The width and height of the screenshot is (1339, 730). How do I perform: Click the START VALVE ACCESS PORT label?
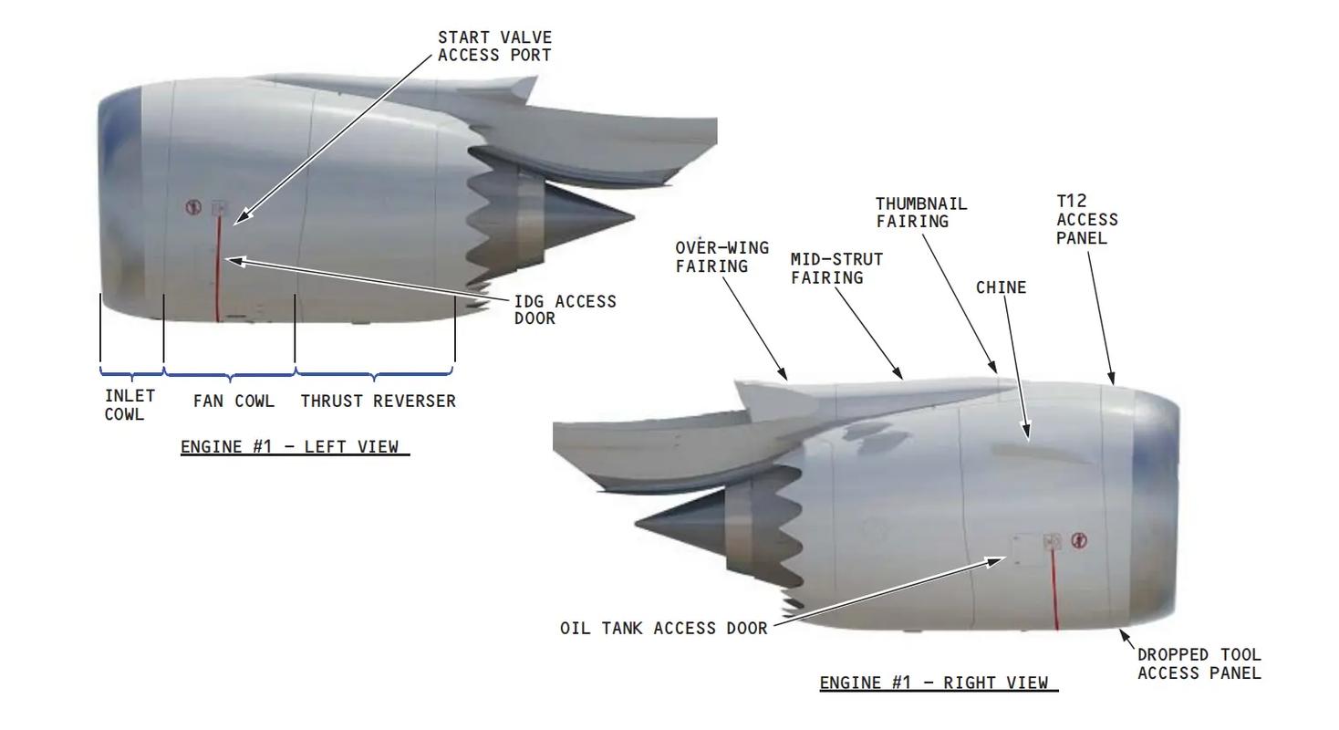pos(495,46)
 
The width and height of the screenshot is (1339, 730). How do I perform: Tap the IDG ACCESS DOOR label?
pos(565,309)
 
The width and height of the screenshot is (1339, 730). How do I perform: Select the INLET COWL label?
pos(130,405)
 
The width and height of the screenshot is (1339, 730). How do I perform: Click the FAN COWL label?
pos(234,401)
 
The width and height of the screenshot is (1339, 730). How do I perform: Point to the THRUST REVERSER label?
pos(378,401)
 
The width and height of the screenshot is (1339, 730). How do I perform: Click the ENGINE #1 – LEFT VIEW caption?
pos(295,446)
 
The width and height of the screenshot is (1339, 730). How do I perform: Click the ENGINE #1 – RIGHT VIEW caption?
pos(939,683)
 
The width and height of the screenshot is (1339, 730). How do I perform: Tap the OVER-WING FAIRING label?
pos(722,256)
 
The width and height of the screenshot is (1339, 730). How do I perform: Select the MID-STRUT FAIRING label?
pos(837,268)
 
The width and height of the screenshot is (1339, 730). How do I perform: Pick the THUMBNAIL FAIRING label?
pos(921,213)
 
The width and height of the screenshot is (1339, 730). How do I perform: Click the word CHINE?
pos(1001,287)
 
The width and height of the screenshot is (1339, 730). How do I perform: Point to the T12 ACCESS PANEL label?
pos(1086,219)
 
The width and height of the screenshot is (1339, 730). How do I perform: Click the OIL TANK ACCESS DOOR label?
pos(663,629)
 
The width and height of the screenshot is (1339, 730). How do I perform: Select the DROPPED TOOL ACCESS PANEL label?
pos(1199,663)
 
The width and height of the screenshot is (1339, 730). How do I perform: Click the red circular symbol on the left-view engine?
pos(192,207)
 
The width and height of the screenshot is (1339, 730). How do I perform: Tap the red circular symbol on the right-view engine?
pos(1079,540)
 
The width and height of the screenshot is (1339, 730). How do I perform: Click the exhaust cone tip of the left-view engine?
pos(635,216)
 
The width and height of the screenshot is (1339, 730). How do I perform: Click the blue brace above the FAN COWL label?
pos(230,375)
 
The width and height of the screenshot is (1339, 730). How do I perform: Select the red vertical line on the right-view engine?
pos(1054,589)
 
